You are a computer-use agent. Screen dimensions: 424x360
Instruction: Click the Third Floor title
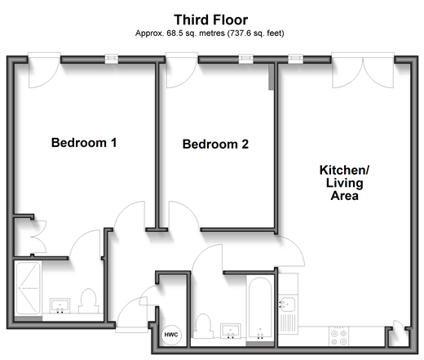pos(210,20)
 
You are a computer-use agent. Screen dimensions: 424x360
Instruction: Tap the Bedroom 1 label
pos(84,143)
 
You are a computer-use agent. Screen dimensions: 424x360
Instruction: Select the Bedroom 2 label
pos(215,144)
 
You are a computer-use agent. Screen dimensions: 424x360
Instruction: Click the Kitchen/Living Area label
pos(344,183)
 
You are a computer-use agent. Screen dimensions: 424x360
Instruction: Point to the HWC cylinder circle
pos(171,335)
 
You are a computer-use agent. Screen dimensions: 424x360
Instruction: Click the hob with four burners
pos(339,336)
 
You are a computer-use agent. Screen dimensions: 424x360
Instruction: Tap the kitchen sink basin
pos(288,304)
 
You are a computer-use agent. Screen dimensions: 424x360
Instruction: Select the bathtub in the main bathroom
pos(260,309)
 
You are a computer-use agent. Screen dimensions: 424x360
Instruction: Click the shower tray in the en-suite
pos(28,288)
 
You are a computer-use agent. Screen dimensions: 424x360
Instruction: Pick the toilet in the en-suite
pos(89,301)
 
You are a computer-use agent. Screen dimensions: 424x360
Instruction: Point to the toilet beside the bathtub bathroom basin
pos(203,326)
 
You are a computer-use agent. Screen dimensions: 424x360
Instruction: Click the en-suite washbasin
pos(60,306)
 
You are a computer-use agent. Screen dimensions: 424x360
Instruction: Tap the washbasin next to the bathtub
pos(231,331)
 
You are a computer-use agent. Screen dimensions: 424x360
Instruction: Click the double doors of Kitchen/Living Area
pos(363,70)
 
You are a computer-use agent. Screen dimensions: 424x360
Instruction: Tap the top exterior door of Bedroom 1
pos(44,70)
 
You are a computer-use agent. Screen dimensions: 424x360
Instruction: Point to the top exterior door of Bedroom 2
pos(182,70)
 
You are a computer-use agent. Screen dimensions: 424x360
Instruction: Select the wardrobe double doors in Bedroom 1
pos(38,237)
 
